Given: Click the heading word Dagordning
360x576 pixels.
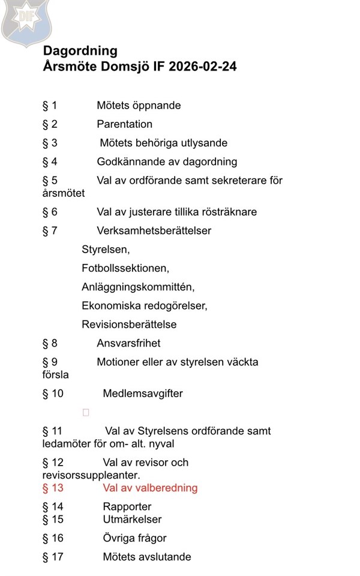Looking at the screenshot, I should tap(80, 51).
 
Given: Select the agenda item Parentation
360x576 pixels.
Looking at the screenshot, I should tap(125, 124).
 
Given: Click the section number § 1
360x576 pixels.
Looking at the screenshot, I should tap(50, 106).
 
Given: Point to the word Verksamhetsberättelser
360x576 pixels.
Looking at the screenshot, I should tap(154, 230).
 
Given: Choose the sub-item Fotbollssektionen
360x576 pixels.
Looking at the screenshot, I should tap(125, 268).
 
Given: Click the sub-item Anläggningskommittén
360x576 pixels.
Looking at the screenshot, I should tap(138, 287).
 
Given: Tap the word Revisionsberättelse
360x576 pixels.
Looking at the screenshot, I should tap(129, 325).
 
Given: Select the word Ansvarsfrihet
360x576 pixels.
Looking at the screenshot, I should tap(128, 343).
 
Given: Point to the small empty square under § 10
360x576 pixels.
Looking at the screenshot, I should tap(86, 413).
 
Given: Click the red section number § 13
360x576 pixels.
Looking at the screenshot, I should tap(53, 488).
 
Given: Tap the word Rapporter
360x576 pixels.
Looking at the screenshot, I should tap(127, 507).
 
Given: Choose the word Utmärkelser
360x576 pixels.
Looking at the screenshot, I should tap(132, 519).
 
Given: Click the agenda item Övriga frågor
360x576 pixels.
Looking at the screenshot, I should tap(134, 538).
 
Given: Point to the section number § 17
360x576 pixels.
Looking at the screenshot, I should tap(53, 557).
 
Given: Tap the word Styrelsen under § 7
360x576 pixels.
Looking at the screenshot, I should tap(106, 250).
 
